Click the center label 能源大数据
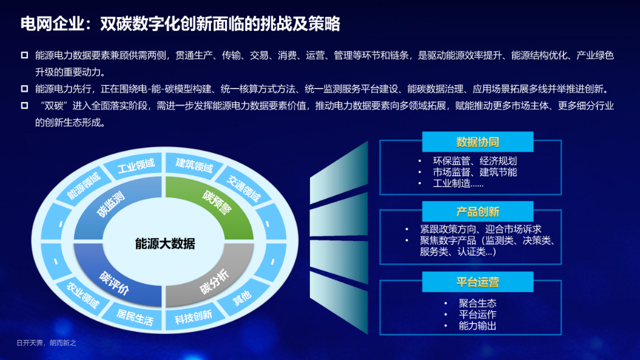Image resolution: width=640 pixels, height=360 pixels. coord(165,244)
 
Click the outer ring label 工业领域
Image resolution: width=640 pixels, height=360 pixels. coord(136,166)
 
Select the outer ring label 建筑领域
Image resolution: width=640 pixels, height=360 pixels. coord(194,165)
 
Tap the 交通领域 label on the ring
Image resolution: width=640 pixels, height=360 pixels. coord(244,188)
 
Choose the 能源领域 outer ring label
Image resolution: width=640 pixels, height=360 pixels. coord(84,186)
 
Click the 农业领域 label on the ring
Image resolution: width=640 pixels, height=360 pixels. coord(83,295)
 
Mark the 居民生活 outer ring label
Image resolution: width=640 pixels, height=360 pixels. coord(135,318)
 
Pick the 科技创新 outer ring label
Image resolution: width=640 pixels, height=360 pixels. coord(194,317)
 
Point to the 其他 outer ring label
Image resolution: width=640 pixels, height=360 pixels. coord(241,298)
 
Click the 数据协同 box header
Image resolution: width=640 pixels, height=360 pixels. coord(477,142)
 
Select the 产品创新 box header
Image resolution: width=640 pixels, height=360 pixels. coord(477,212)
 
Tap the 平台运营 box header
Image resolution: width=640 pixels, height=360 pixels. coord(477,282)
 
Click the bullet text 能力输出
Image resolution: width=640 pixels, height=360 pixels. coord(477,325)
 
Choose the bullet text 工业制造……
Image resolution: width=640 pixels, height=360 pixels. coord(458,183)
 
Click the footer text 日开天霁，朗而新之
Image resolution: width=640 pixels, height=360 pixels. coord(47,343)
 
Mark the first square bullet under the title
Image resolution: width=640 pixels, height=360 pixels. coord(24,55)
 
